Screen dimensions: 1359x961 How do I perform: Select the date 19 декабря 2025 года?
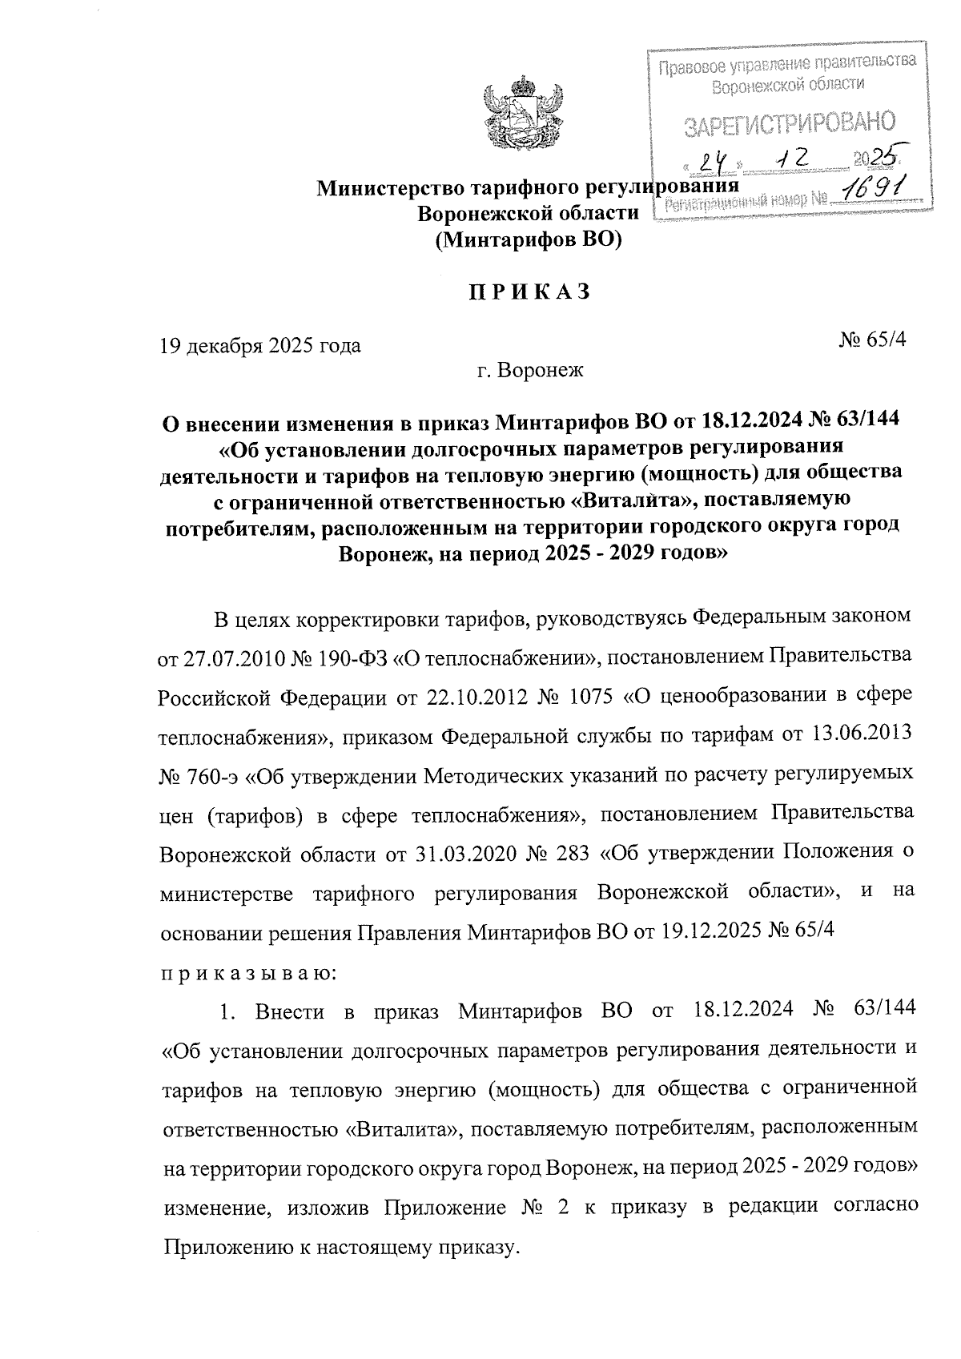[261, 346]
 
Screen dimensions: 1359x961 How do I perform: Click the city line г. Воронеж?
[529, 371]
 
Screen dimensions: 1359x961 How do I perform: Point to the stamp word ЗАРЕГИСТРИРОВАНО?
[789, 123]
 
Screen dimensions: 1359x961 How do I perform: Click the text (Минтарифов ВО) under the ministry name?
[529, 239]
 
